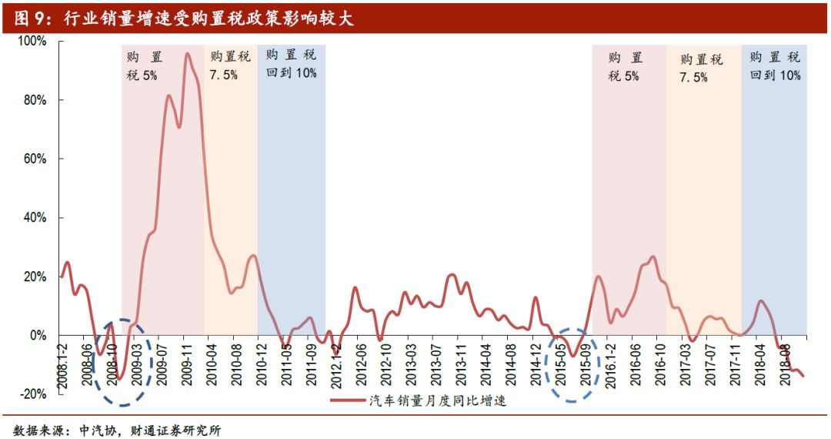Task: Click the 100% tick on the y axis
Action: (32, 41)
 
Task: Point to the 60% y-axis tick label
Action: (35, 159)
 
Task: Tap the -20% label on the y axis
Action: (34, 394)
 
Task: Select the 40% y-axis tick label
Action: (35, 218)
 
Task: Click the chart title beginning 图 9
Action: (185, 17)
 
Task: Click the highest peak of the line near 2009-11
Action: (186, 54)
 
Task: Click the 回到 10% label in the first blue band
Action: (291, 73)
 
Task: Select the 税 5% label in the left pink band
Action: (143, 75)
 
